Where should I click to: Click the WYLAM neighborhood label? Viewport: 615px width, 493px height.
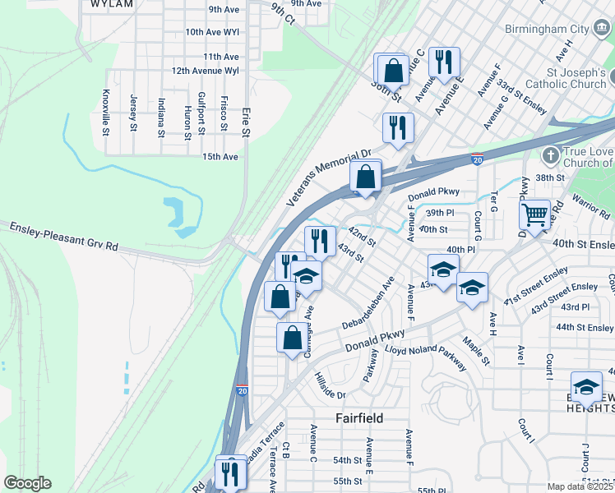[111, 4]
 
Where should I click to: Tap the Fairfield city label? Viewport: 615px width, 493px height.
[359, 418]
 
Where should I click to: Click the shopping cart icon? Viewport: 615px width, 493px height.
[534, 215]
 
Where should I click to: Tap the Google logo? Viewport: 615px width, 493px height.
[27, 483]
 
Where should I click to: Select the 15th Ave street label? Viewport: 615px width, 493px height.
[220, 157]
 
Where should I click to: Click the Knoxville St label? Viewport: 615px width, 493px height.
[106, 111]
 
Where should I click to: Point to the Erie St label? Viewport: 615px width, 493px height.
[245, 120]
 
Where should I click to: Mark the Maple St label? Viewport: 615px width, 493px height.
[476, 349]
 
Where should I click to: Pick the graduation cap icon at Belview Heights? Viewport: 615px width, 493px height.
[586, 387]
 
